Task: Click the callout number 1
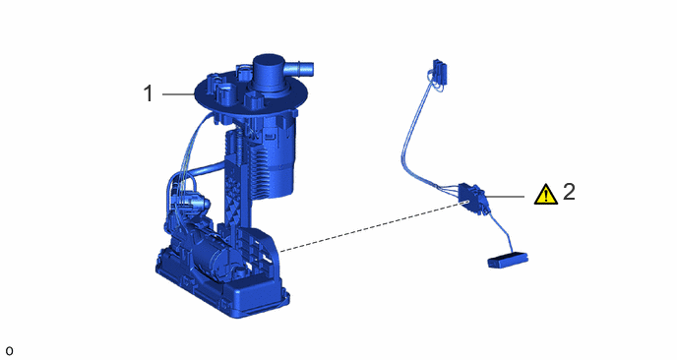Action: pyautogui.click(x=148, y=93)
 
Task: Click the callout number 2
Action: pyautogui.click(x=569, y=191)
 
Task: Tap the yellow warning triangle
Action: pyautogui.click(x=546, y=194)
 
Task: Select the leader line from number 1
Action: pyautogui.click(x=179, y=93)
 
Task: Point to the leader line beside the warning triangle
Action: pyautogui.click(x=506, y=197)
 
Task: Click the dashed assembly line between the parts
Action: pyautogui.click(x=373, y=226)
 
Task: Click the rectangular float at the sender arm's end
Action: pyautogui.click(x=508, y=261)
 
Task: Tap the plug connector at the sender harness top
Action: pyautogui.click(x=439, y=72)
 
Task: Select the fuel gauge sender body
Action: pyautogui.click(x=473, y=198)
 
